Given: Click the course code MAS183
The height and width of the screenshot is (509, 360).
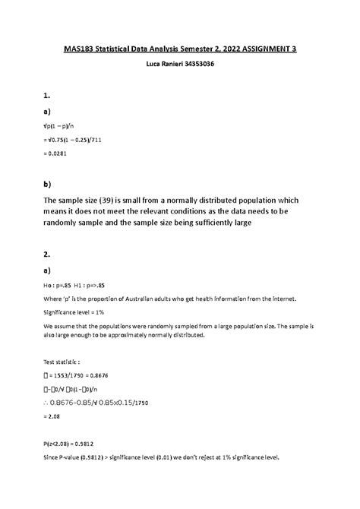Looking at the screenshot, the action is (x=77, y=49).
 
